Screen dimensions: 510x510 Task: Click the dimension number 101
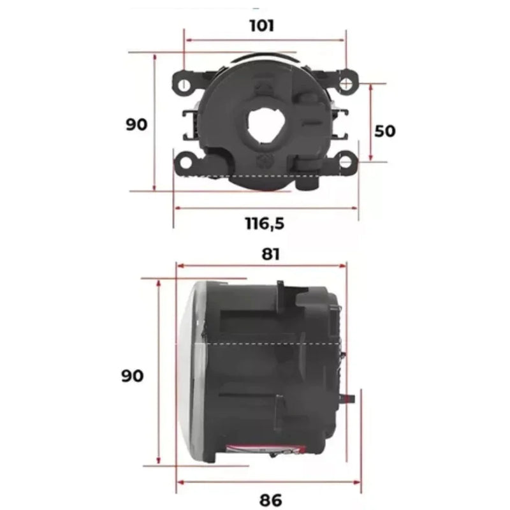pos(262,25)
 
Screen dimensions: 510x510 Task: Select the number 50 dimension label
pos(384,131)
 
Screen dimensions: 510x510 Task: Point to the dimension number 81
pos(271,254)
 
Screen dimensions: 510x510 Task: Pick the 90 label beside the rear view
pos(136,124)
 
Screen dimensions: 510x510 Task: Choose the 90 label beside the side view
pos(133,376)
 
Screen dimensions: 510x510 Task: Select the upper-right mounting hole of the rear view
pos(346,84)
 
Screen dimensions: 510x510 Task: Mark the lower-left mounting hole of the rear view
pos(185,162)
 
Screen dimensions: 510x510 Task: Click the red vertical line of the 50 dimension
pos(370,121)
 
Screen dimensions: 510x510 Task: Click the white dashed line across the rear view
pos(255,175)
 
